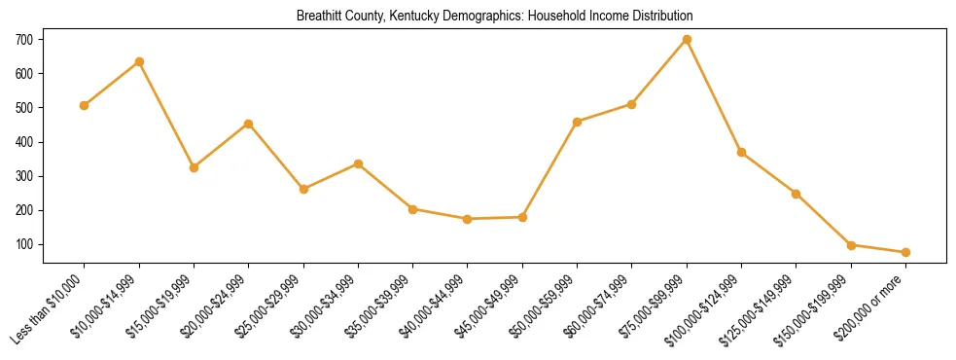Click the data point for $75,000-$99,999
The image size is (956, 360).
click(687, 40)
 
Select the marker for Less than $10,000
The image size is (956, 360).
click(85, 105)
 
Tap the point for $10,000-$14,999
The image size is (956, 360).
click(139, 61)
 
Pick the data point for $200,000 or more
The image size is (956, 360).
click(905, 252)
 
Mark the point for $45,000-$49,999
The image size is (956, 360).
click(522, 217)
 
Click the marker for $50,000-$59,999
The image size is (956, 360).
click(578, 122)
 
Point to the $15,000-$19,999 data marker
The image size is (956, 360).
click(195, 167)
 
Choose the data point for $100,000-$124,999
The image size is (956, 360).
click(741, 153)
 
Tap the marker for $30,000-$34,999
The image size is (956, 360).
click(358, 163)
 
